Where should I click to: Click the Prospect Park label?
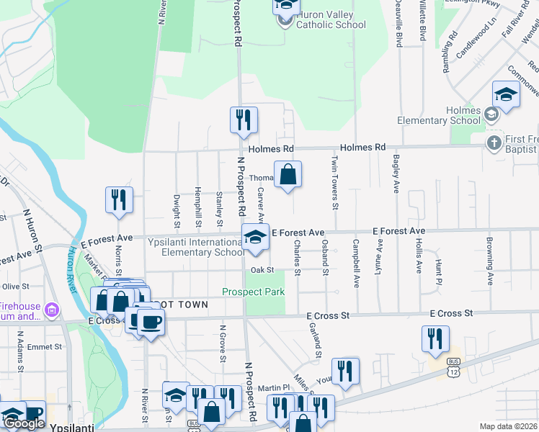253,292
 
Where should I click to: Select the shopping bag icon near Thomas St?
288,175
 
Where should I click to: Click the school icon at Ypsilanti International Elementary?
254,238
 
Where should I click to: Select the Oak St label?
263,270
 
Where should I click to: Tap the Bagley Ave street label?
396,176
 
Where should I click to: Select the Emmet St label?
45,347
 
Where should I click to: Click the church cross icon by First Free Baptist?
494,142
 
